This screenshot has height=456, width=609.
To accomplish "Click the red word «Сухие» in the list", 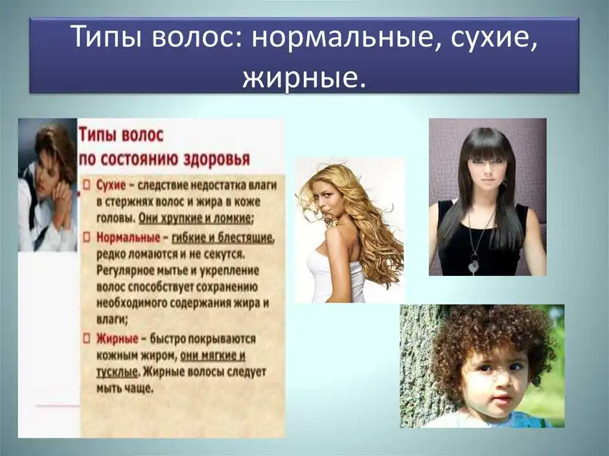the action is [111, 185].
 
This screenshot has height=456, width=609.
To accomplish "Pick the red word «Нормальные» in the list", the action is [128, 237].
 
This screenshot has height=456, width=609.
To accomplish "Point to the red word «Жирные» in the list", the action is [117, 339].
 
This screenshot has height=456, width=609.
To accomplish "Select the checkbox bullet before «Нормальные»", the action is [87, 236].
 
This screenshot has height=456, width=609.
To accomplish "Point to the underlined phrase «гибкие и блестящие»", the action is [223, 238].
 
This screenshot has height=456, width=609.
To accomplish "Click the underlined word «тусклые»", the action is [117, 372].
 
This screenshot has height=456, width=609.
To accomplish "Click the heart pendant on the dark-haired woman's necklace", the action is [473, 267].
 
